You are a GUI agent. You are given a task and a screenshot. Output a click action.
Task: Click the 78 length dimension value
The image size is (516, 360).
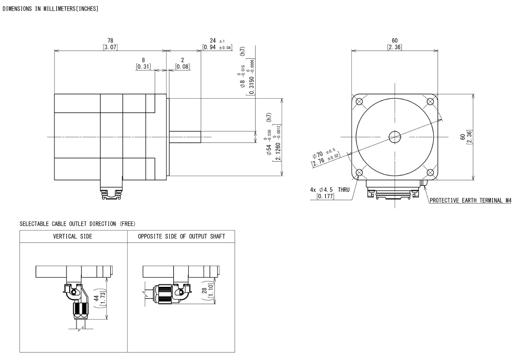(110, 41)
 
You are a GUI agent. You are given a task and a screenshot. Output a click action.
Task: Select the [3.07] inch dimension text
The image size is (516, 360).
(110, 47)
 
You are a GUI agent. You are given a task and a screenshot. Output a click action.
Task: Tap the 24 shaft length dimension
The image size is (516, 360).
(213, 40)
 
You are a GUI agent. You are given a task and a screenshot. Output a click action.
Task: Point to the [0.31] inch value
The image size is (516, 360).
(143, 66)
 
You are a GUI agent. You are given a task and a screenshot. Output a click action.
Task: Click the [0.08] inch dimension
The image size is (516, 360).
(182, 66)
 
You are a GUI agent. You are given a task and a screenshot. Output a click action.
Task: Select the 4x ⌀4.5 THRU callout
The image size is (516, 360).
(330, 190)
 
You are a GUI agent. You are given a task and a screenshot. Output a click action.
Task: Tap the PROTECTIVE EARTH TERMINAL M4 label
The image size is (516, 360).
(471, 200)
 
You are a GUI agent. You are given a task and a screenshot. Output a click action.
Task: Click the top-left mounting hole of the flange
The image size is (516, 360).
(359, 102)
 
